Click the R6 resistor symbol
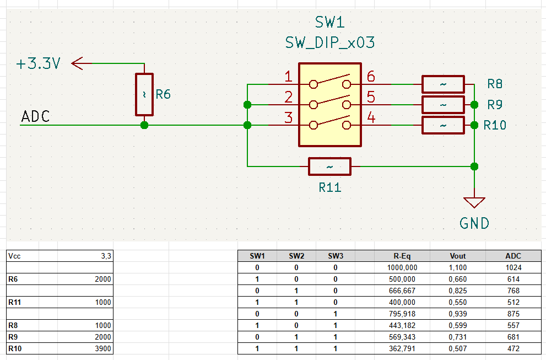click(x=144, y=94)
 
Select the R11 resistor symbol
click(x=329, y=166)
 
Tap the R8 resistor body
click(x=443, y=84)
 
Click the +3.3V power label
click(x=37, y=64)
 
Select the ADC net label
click(x=35, y=117)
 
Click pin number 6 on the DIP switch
click(x=371, y=77)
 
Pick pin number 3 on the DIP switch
click(x=288, y=117)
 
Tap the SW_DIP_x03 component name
click(x=330, y=42)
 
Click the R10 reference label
click(x=495, y=126)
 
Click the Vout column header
click(x=458, y=256)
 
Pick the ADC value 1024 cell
click(x=513, y=267)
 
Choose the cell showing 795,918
click(x=402, y=314)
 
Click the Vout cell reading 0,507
click(x=458, y=348)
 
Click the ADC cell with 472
click(x=513, y=348)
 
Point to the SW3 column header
click(x=335, y=256)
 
